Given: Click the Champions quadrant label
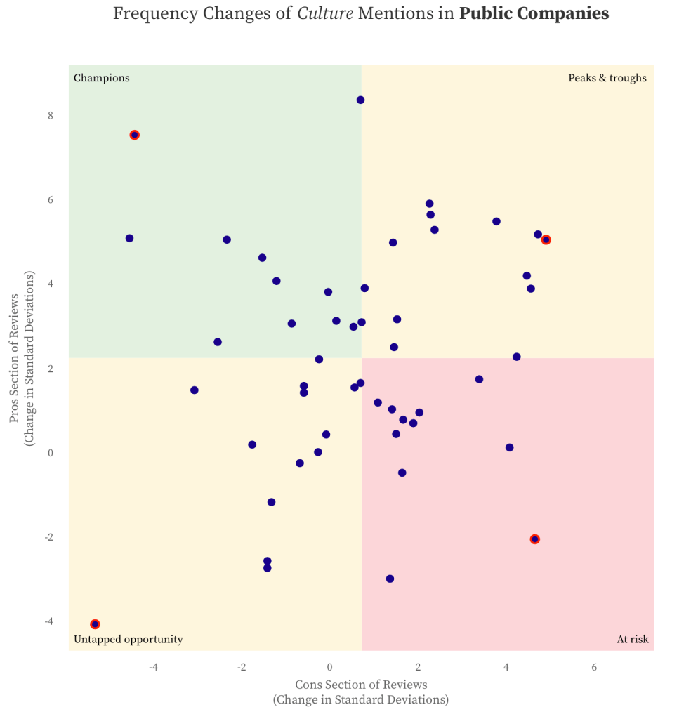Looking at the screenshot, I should point(101,78).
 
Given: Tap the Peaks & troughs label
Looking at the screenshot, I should point(607,78).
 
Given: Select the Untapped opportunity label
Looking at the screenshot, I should point(128,640).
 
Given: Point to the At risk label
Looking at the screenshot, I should point(633,640).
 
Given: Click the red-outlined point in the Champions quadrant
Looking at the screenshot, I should point(134,135).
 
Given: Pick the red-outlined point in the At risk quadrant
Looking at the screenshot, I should point(534,539).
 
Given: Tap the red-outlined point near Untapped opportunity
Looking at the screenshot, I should point(95,624).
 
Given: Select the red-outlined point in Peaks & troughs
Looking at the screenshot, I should point(546,239).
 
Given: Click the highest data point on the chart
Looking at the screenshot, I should point(360,100).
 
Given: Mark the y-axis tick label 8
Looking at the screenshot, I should point(51,116).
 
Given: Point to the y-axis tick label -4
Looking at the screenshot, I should point(48,621).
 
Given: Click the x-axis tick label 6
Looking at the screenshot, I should point(594,666).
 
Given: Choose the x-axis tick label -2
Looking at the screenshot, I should point(242,666).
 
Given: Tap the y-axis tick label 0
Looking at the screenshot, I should point(51,453).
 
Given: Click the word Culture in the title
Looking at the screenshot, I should point(325,13).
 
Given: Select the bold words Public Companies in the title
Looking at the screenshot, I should point(534,13).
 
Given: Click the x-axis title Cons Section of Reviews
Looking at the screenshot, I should point(360,685).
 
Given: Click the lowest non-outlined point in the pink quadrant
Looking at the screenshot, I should point(390,579).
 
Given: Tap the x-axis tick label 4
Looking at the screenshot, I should point(506,666).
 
